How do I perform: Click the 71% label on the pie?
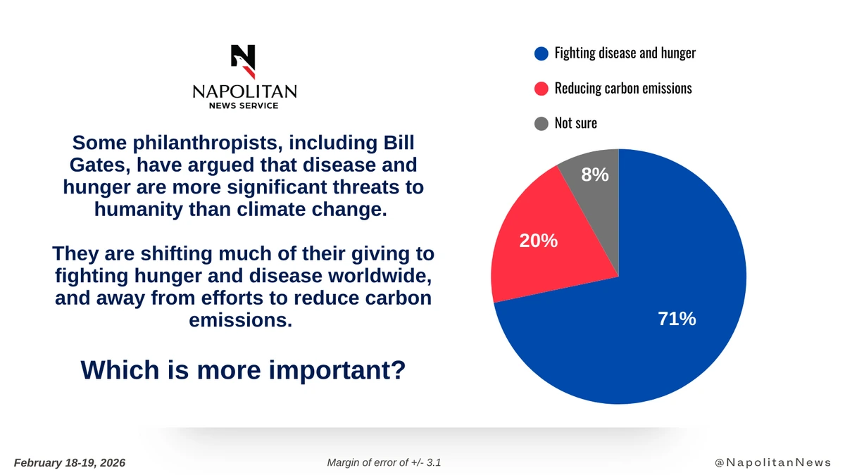point(677,319)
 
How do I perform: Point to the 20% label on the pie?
point(538,241)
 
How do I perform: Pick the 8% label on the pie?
point(595,175)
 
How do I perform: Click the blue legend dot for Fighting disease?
point(542,53)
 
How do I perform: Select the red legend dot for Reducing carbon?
point(542,89)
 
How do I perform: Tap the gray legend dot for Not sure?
point(542,124)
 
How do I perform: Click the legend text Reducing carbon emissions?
point(623,89)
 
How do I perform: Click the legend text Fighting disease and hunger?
point(625,53)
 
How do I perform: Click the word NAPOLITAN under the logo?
point(244,91)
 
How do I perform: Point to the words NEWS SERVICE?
point(244,106)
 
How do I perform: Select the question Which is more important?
point(243,369)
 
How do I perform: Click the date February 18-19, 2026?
point(70,462)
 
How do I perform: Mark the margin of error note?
point(384,462)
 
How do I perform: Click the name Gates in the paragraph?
point(88,167)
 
